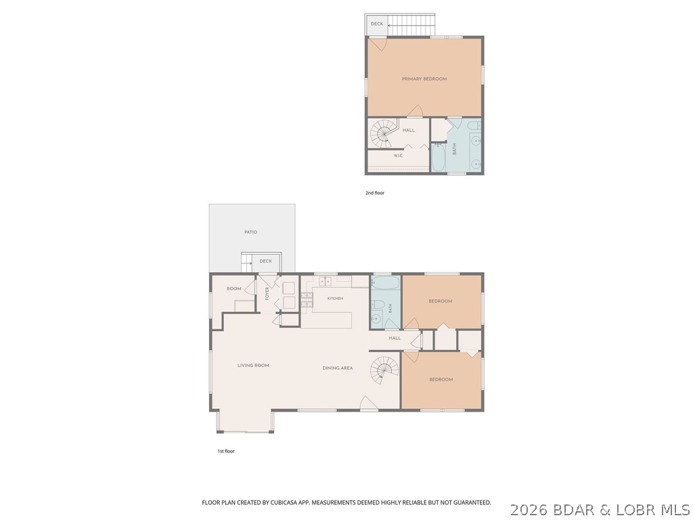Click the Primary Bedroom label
tap(424, 79)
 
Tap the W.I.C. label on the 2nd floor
tap(398, 156)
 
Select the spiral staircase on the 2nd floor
tap(382, 133)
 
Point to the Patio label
tap(250, 232)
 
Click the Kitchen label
tap(335, 299)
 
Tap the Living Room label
tap(253, 366)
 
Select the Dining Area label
tap(338, 368)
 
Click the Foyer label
tap(267, 294)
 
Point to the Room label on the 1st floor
tap(233, 288)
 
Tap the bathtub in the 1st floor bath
tap(385, 282)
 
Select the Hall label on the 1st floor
tap(395, 339)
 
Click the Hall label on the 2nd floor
tap(408, 131)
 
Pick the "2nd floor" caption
tap(375, 193)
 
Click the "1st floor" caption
tap(226, 452)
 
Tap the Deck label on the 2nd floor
tap(377, 24)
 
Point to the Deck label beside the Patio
tap(265, 261)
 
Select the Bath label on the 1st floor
tap(390, 308)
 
